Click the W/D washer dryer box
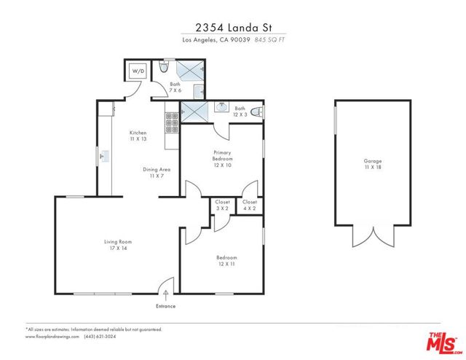coord(137,72)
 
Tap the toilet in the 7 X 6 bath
coord(164,69)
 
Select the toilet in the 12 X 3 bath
coord(261,111)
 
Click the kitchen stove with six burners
coord(172,124)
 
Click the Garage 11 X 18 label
coord(373,164)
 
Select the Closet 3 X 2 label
coord(223,205)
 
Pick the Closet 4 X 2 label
coord(250,205)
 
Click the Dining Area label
coord(155,173)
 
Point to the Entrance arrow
coord(166,293)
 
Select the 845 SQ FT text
coord(269,40)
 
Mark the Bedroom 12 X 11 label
coord(226,261)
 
